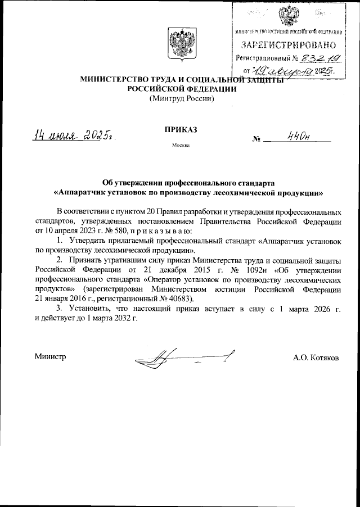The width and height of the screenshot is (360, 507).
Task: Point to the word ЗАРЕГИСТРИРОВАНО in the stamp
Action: pyautogui.click(x=290, y=44)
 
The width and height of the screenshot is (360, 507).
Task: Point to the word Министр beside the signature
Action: pyautogui.click(x=50, y=357)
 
